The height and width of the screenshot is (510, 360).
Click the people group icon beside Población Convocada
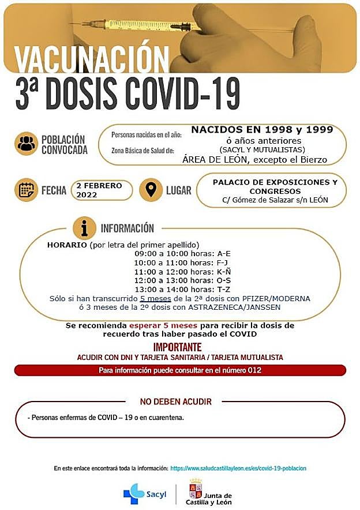26,144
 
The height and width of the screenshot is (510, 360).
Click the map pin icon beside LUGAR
151,190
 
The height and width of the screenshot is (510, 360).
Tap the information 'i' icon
84,228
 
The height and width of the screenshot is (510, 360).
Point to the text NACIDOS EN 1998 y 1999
262,130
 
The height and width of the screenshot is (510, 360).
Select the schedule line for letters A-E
182,254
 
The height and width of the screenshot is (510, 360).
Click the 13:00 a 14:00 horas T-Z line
182,290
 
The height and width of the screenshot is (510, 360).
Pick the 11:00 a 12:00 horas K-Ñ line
182,272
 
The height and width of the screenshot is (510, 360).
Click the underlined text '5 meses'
155,299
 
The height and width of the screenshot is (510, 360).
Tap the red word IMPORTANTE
177,347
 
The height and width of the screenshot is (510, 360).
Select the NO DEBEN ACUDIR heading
176,402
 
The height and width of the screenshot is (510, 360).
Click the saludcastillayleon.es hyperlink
238,468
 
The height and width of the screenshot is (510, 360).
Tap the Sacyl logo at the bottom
144,494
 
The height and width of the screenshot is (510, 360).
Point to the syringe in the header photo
141,25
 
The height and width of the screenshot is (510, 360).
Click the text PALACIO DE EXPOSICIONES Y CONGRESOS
275,186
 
